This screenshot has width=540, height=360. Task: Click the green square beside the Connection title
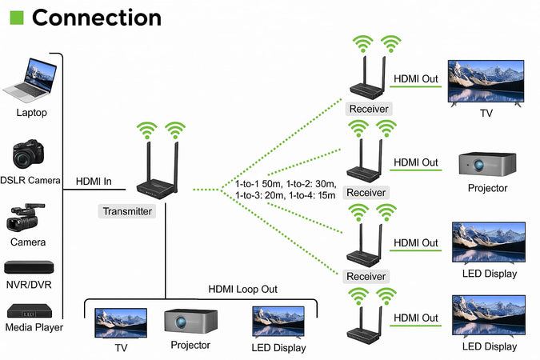17,17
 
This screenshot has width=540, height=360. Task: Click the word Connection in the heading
96,17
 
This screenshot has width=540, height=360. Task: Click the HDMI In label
94,181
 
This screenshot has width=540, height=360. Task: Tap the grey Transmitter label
126,211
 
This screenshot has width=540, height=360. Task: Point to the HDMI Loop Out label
243,289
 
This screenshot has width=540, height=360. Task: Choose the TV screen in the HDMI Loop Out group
121,322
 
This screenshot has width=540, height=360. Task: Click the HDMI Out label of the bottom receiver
416,318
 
